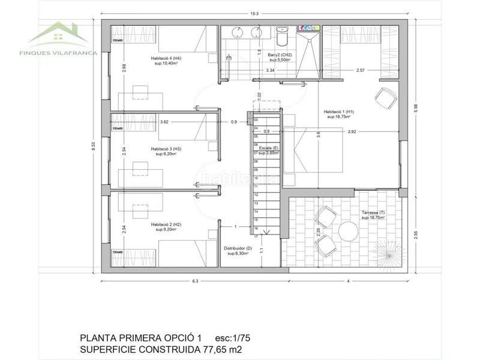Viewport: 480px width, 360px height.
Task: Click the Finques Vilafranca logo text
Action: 58,52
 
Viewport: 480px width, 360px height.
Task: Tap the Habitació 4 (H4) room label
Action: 166,58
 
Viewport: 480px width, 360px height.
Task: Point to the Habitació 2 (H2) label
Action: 166,224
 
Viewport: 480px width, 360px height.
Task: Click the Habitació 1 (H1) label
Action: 339,112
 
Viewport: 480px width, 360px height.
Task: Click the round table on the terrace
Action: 348,231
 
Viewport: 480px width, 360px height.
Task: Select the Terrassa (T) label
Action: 373,212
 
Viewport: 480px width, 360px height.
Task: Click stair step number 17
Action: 256,236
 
